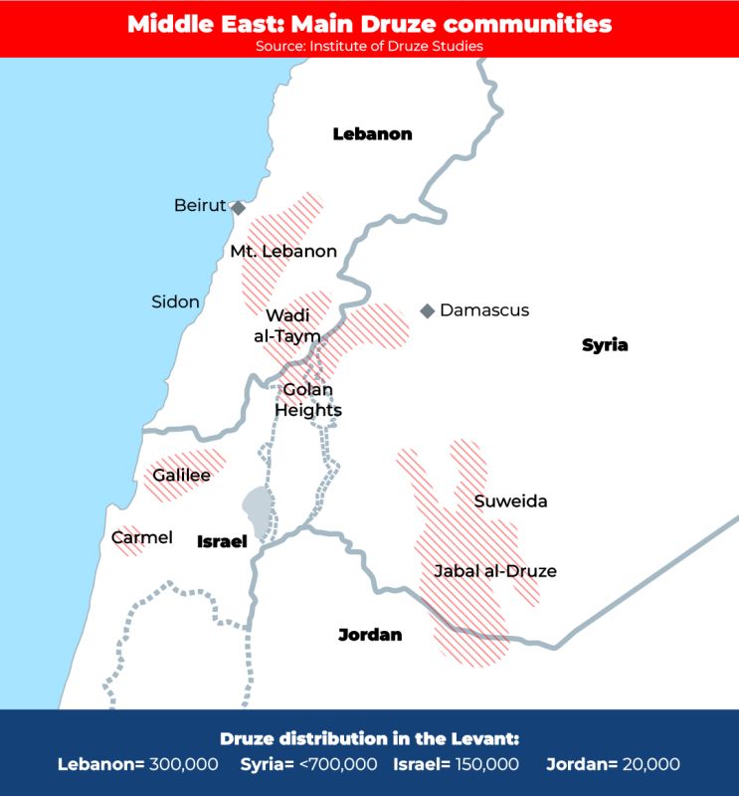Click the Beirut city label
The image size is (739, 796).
pos(200,206)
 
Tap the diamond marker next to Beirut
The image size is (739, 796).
pos(239,208)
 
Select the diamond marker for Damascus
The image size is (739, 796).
pos(428,311)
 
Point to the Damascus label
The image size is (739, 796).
pos(484,310)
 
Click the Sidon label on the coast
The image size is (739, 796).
pos(175,301)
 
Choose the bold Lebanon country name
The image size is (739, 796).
pos(372,134)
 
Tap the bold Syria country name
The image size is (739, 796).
pos(605,345)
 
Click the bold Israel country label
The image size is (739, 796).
pos(222,541)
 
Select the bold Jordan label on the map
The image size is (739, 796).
pos(370,634)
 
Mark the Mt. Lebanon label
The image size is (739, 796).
pos(283,251)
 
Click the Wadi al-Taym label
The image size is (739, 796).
pos(287,325)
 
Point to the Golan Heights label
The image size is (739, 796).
pos(308,400)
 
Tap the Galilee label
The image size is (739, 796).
pos(181,475)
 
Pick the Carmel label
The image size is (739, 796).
pos(142,537)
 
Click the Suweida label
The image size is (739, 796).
pos(510,500)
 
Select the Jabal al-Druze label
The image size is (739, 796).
pos(494,571)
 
